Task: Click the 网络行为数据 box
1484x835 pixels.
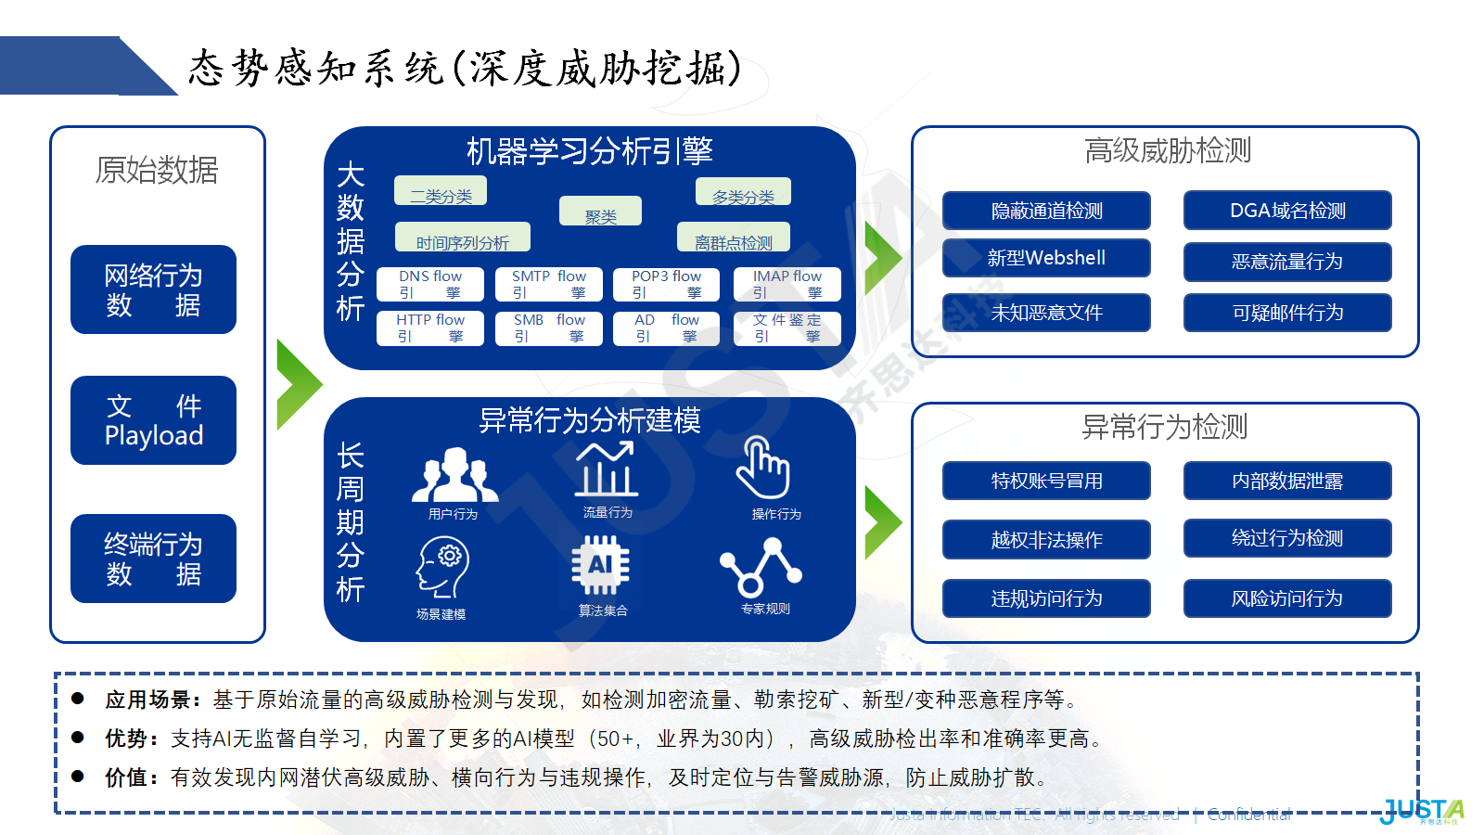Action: pos(153,289)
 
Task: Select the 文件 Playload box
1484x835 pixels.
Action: pos(153,420)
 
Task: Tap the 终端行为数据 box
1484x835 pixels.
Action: pos(153,559)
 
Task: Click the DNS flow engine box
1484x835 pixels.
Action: pos(430,284)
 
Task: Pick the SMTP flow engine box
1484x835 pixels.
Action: pos(548,284)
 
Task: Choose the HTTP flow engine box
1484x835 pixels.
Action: pos(430,328)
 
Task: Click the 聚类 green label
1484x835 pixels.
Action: pos(600,212)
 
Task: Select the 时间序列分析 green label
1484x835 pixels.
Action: pos(462,238)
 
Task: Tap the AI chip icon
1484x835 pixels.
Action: pos(600,565)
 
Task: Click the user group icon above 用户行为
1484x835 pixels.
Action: pos(454,474)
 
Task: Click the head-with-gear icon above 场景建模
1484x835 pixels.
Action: pos(442,567)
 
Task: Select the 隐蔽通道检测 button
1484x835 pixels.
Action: pos(1046,211)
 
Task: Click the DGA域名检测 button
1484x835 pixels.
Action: pos(1287,211)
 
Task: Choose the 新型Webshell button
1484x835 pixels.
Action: pos(1046,258)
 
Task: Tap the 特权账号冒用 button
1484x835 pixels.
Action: pos(1046,481)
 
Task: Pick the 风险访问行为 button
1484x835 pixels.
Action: pos(1287,598)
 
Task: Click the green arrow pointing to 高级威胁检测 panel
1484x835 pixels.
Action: pos(882,258)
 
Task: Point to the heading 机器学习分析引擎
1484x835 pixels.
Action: pos(589,150)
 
